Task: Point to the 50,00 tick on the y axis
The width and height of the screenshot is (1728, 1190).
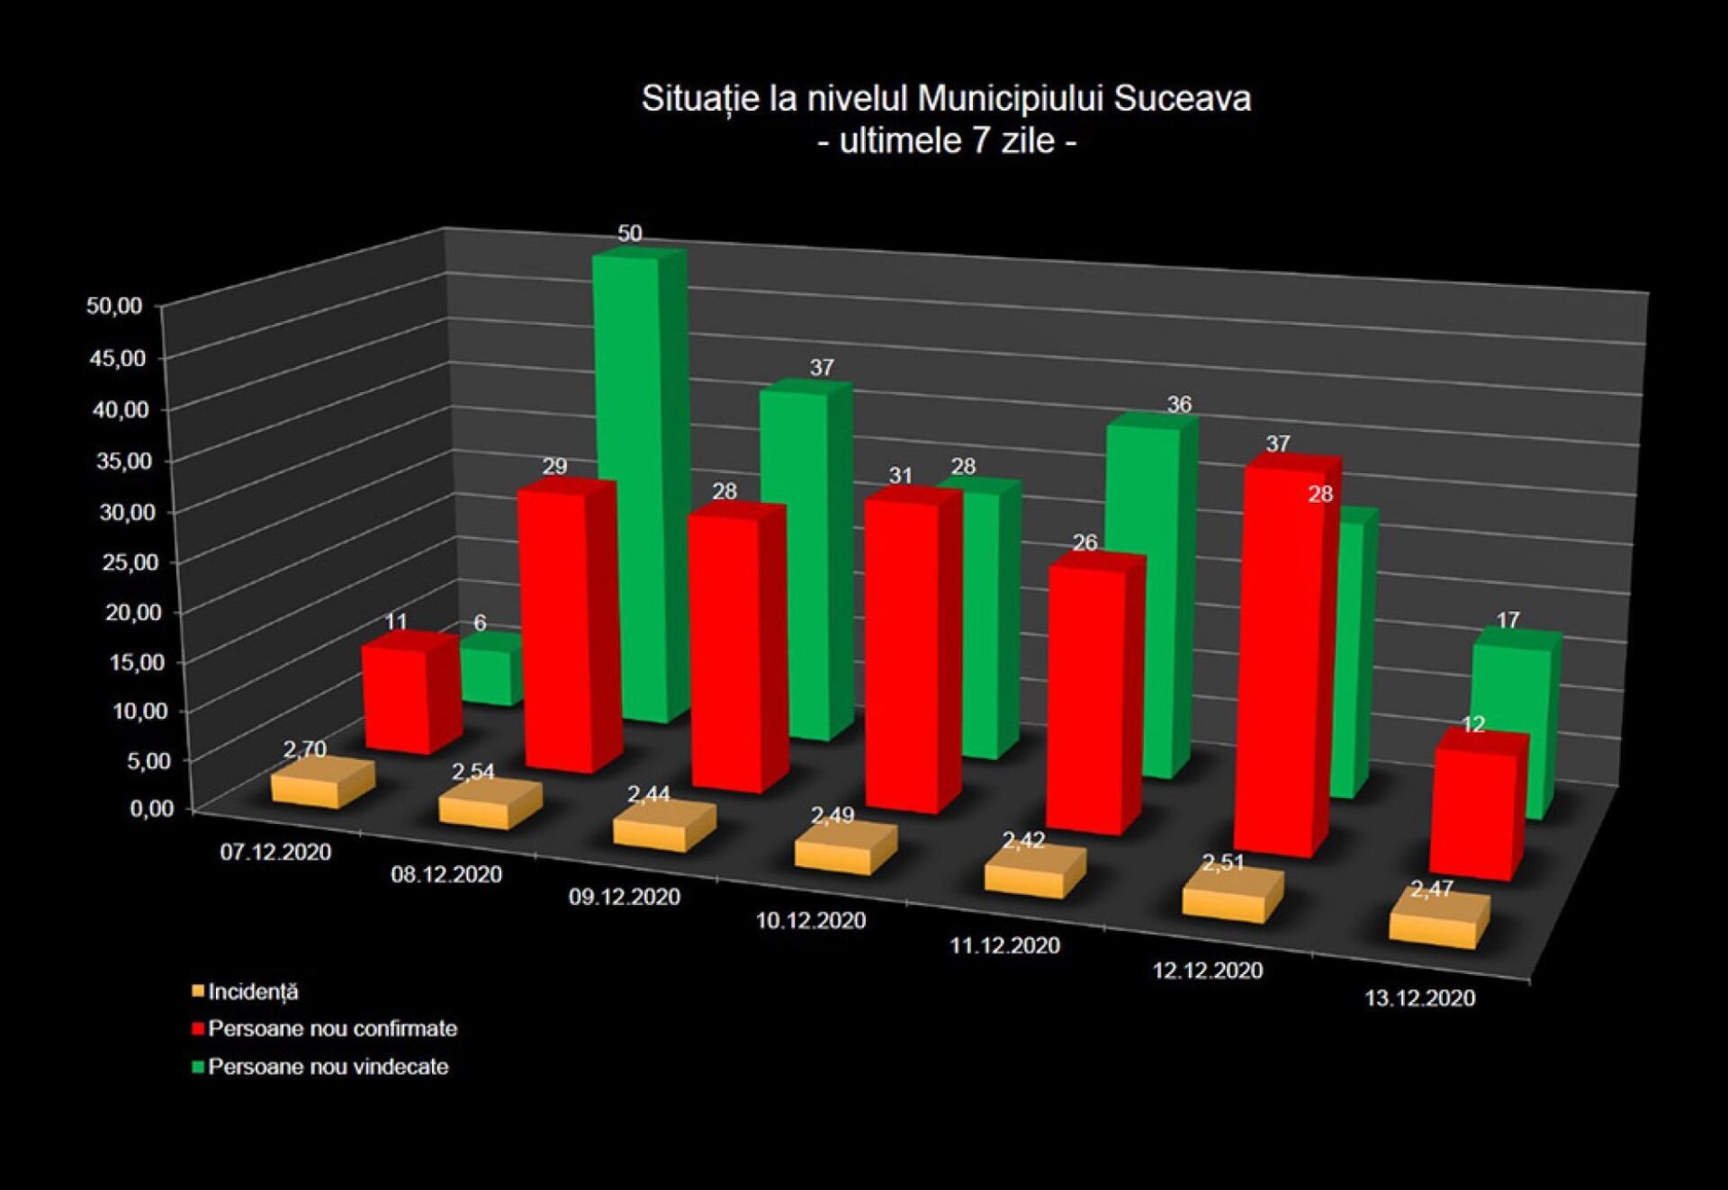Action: point(114,306)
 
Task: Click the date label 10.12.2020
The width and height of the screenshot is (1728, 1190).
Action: point(810,920)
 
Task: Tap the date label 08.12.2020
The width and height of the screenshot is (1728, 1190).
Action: point(446,874)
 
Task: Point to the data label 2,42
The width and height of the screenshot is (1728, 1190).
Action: point(1024,841)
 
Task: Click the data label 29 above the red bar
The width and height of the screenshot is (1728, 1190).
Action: point(554,466)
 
